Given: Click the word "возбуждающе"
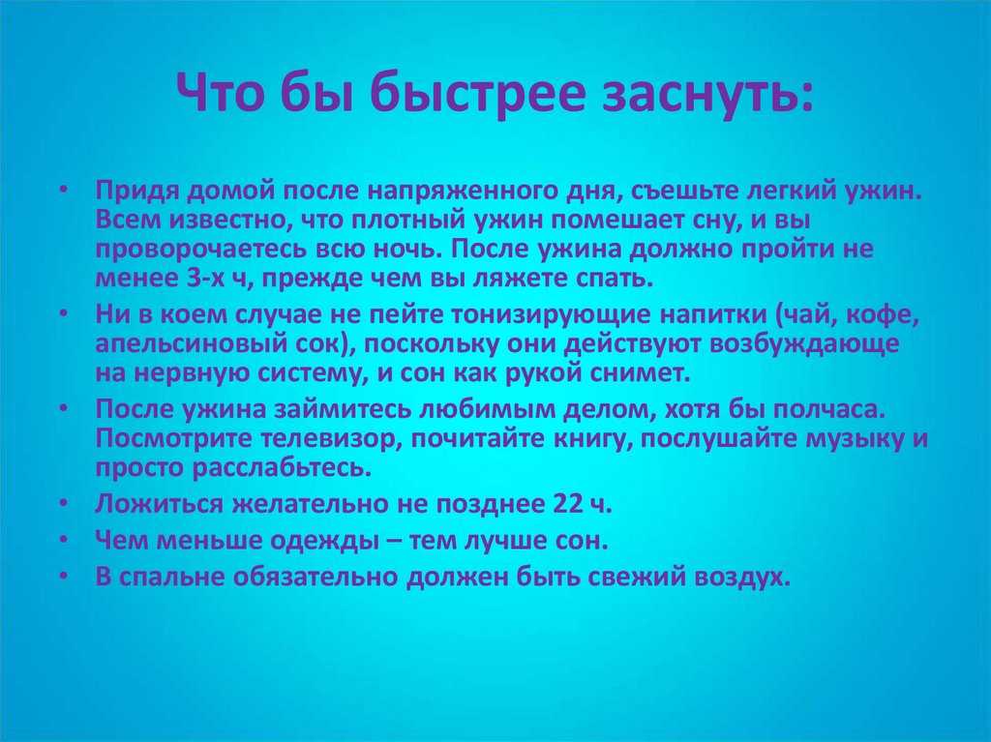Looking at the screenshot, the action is pos(804,344).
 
